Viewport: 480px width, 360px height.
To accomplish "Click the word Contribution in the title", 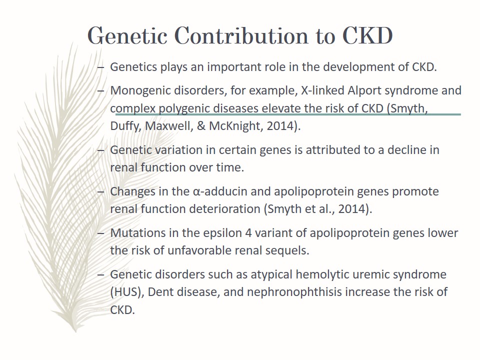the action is click(x=242, y=36).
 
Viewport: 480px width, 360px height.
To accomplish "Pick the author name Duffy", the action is click(x=126, y=126).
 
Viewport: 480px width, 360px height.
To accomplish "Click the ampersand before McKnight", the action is click(x=201, y=126).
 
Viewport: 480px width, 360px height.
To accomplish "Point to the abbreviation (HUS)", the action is click(x=127, y=292).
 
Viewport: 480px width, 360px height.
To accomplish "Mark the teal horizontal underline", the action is click(x=288, y=114).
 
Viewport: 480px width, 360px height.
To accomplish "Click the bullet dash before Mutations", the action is click(x=100, y=233).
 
